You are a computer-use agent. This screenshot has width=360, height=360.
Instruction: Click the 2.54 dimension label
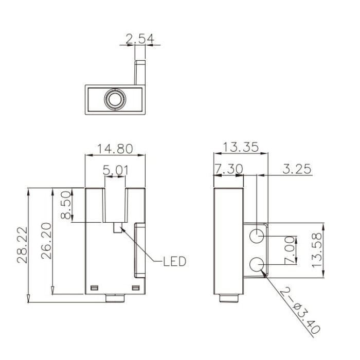[x=140, y=39]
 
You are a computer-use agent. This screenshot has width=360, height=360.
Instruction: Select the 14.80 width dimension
[x=115, y=149]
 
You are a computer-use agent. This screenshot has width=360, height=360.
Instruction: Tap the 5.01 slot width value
[x=115, y=170]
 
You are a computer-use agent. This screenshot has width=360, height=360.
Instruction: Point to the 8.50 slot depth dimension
[x=65, y=205]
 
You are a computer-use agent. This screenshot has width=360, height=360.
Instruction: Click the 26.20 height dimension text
[x=46, y=241]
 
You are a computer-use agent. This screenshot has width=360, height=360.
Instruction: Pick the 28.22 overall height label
[x=22, y=245]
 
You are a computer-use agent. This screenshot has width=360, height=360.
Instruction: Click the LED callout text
[x=174, y=261]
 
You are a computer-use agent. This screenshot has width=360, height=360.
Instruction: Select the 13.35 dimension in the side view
[x=241, y=147]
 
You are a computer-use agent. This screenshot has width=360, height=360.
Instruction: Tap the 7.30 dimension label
[x=229, y=169]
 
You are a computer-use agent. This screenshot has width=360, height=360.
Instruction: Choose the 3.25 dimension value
[x=297, y=169]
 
